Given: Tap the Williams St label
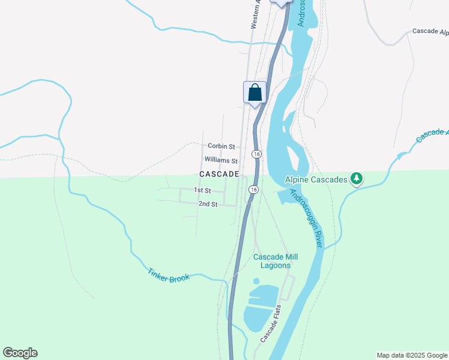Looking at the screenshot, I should click(221, 160).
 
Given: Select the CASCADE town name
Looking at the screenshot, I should click(219, 174).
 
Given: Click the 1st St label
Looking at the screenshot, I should click(202, 190).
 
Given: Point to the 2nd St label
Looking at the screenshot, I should click(208, 204).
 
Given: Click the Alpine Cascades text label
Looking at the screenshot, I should click(316, 179).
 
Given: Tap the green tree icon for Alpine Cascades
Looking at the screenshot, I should click(357, 178).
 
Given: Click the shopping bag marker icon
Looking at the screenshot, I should click(255, 93).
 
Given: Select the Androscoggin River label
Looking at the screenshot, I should click(307, 218).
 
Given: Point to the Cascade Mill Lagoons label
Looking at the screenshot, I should click(276, 261).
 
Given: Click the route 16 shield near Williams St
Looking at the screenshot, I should click(256, 154).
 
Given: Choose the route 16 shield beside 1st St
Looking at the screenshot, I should click(254, 190).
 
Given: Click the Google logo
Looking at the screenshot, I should click(20, 353).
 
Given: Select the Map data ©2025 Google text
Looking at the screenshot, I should click(411, 355).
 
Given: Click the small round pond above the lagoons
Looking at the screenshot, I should click(256, 281).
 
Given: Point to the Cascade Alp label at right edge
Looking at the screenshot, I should click(430, 31).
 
